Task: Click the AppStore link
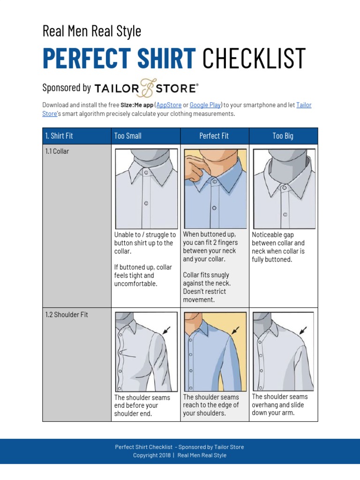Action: click(x=169, y=105)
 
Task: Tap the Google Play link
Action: click(x=205, y=105)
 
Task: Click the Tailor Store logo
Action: click(x=146, y=88)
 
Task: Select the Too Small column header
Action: click(x=127, y=136)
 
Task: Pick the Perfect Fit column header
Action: click(x=214, y=136)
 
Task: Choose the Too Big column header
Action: click(x=283, y=136)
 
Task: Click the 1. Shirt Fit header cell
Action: click(x=59, y=136)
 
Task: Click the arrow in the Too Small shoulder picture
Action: click(x=166, y=331)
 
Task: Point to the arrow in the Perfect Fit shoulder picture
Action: click(x=235, y=330)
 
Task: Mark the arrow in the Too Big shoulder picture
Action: click(x=304, y=330)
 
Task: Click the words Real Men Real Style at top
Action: click(x=92, y=31)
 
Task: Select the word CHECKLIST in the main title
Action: click(x=254, y=58)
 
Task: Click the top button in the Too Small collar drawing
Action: click(x=146, y=172)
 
